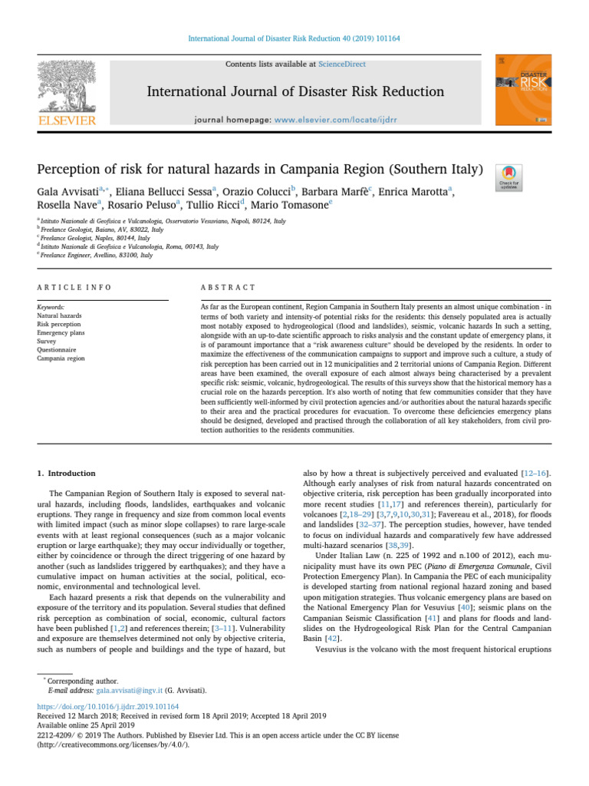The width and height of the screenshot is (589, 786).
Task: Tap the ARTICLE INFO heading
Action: coord(74,287)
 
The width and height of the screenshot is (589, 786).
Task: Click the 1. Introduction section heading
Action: coord(67,474)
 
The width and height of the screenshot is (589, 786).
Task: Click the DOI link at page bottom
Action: coord(108,706)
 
